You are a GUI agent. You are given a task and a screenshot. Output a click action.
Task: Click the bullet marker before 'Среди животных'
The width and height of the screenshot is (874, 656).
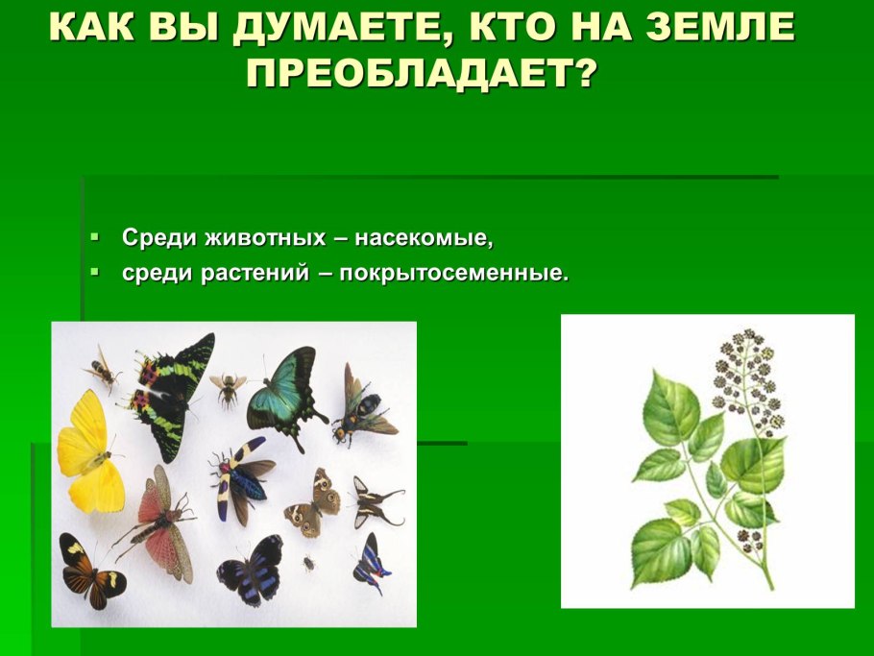94,235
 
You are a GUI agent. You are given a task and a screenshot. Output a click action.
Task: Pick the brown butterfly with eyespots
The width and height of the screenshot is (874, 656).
313,504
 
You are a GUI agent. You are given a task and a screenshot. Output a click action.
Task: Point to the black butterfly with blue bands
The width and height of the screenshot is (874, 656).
251,571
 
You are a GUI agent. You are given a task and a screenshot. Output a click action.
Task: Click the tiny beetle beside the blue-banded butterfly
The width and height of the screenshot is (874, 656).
309,563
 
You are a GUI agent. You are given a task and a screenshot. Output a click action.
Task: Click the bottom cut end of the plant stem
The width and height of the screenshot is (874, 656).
771,587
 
